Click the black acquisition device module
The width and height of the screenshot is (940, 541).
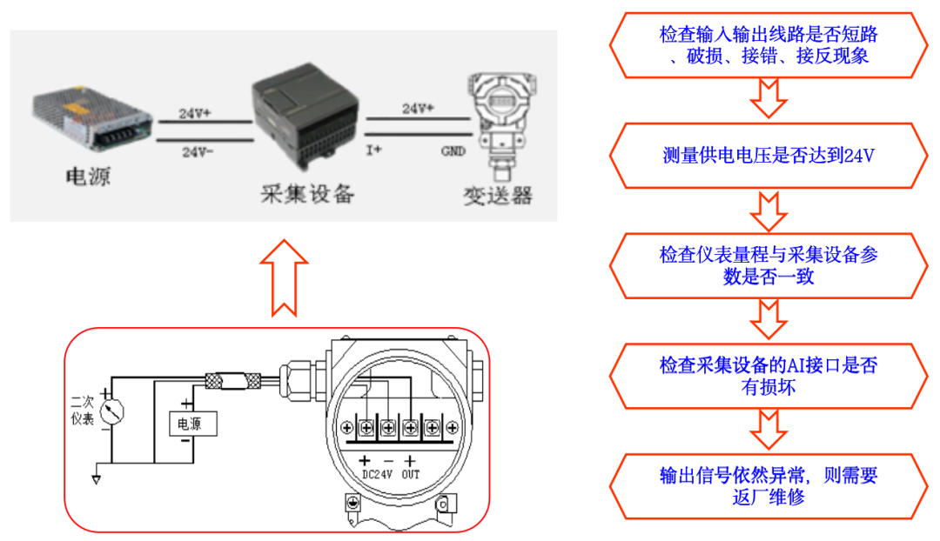pos(305,117)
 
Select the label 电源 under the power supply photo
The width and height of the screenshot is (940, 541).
pos(89,177)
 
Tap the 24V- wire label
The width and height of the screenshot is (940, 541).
pos(197,151)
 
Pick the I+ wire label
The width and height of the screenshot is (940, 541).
pos(374,150)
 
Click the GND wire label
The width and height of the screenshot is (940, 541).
pos(453,150)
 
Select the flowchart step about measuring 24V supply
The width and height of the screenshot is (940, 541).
pos(768,156)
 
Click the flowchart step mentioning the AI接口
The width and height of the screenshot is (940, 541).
pos(768,376)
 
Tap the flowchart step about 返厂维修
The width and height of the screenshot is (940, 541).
pos(768,486)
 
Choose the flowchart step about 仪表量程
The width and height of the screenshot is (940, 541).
pos(768,266)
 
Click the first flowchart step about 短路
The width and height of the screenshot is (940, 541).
pos(768,45)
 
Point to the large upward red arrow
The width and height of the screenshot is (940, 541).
pos(284,277)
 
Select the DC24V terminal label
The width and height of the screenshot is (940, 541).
pos(377,475)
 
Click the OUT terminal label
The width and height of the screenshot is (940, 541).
pos(411,475)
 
